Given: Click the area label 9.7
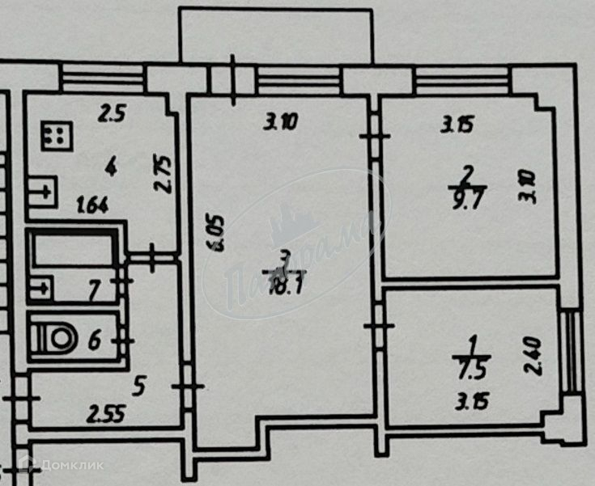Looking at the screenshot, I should [467, 199].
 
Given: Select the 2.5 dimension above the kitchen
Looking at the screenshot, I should [112, 114].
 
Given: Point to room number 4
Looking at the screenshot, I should [110, 167].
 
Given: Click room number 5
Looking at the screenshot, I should [139, 387].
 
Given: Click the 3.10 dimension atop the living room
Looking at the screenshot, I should [281, 123].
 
